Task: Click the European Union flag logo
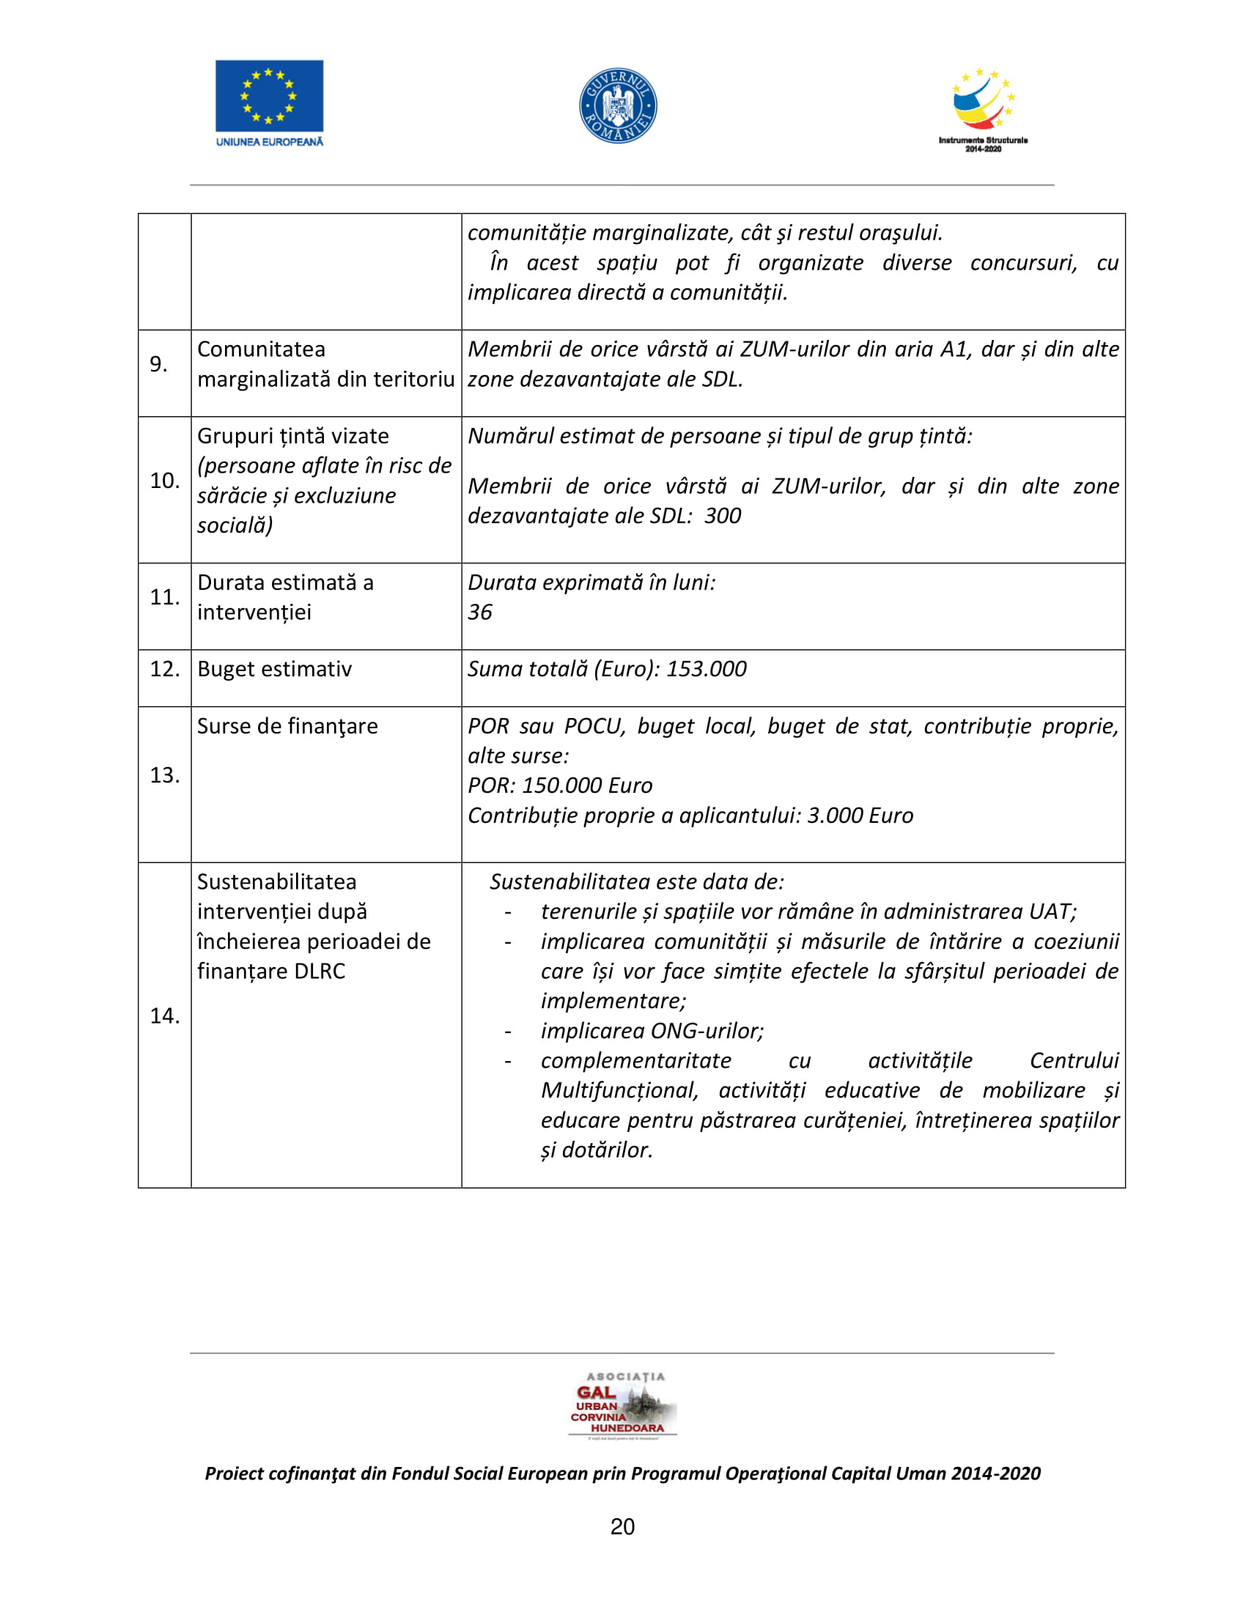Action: click(x=269, y=96)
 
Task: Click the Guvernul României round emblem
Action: click(x=618, y=106)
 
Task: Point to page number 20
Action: click(x=622, y=1526)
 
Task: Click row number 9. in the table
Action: click(x=159, y=364)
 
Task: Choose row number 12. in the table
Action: click(x=165, y=670)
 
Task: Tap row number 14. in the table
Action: click(x=165, y=1016)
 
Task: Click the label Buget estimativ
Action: click(x=275, y=670)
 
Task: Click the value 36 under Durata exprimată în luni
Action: click(x=480, y=612)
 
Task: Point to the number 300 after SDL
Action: click(x=723, y=516)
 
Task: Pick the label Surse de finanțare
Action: click(x=287, y=726)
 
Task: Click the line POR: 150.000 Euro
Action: click(x=559, y=785)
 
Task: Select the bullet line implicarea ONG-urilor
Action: click(x=652, y=1030)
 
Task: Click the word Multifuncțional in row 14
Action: click(x=619, y=1090)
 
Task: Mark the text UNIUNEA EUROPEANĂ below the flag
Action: click(x=270, y=141)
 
